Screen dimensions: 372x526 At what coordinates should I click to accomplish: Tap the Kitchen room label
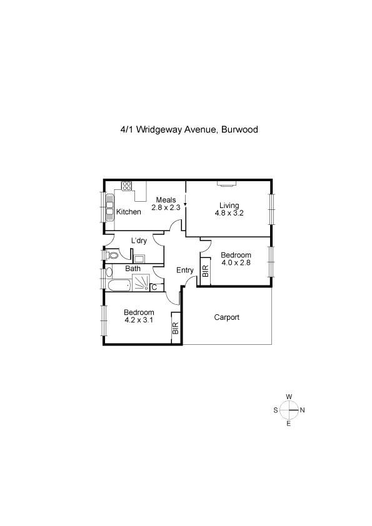tap(129, 212)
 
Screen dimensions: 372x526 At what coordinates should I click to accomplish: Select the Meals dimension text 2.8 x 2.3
tap(166, 207)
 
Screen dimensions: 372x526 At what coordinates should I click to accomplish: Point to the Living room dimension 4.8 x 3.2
tap(229, 212)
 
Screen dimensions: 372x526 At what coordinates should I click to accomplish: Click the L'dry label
tap(139, 241)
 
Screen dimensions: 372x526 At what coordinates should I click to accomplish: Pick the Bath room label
tap(133, 269)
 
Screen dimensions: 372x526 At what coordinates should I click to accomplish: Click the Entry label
tap(185, 270)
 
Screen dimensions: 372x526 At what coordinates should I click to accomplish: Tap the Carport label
tap(226, 317)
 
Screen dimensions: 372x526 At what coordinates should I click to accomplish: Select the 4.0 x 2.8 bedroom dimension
tap(236, 262)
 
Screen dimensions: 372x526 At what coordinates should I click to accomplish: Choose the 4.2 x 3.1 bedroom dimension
tap(139, 320)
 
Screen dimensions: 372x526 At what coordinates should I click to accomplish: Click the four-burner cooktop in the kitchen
tap(126, 186)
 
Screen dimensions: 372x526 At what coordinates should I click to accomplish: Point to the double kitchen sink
tap(110, 207)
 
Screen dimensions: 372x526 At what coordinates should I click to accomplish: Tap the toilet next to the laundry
tap(112, 256)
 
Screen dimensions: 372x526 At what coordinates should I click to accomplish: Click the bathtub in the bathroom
tap(119, 285)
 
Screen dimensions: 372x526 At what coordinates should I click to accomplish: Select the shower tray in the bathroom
tap(141, 282)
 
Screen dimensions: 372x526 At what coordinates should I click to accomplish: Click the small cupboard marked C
tap(154, 287)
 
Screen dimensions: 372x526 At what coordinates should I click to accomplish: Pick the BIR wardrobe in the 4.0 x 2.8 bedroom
tap(205, 271)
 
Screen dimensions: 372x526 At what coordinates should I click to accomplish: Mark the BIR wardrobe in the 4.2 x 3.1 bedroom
tap(176, 328)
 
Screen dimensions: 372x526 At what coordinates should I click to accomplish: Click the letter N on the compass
tap(302, 410)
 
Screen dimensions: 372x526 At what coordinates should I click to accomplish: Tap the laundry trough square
tap(139, 259)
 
